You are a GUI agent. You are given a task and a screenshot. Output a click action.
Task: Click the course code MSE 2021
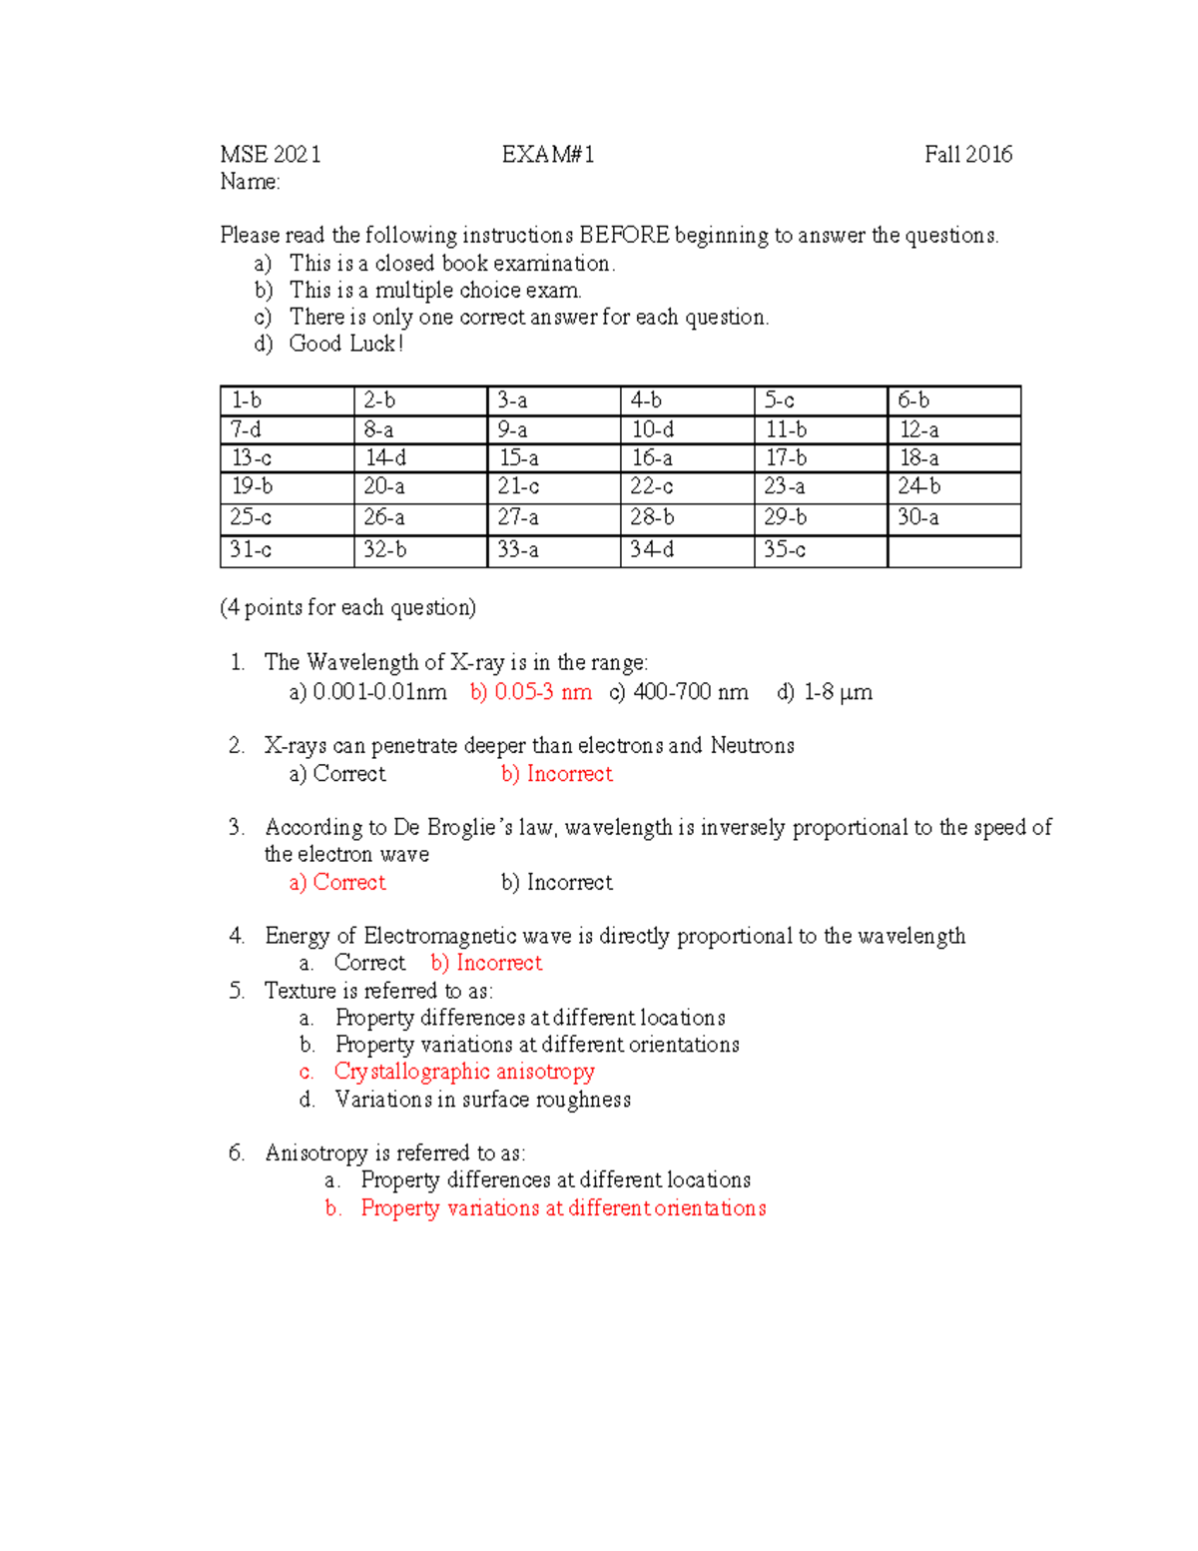tap(271, 155)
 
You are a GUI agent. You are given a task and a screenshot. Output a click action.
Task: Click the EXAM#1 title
tap(548, 155)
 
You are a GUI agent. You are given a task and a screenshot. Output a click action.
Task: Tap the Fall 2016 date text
tap(967, 155)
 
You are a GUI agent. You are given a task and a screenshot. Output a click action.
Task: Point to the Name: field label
tap(250, 182)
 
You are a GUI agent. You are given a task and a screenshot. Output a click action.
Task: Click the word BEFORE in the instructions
tap(624, 236)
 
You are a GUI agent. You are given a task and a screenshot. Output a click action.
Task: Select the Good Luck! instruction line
tap(345, 344)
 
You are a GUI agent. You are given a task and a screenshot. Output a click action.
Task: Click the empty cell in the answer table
tap(953, 551)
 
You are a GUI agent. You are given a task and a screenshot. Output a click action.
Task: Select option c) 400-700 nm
tap(679, 692)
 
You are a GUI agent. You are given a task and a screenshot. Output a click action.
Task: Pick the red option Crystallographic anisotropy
tap(464, 1072)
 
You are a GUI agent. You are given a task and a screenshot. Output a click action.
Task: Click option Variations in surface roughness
tap(483, 1100)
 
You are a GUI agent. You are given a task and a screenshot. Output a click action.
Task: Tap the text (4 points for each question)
tap(347, 608)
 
